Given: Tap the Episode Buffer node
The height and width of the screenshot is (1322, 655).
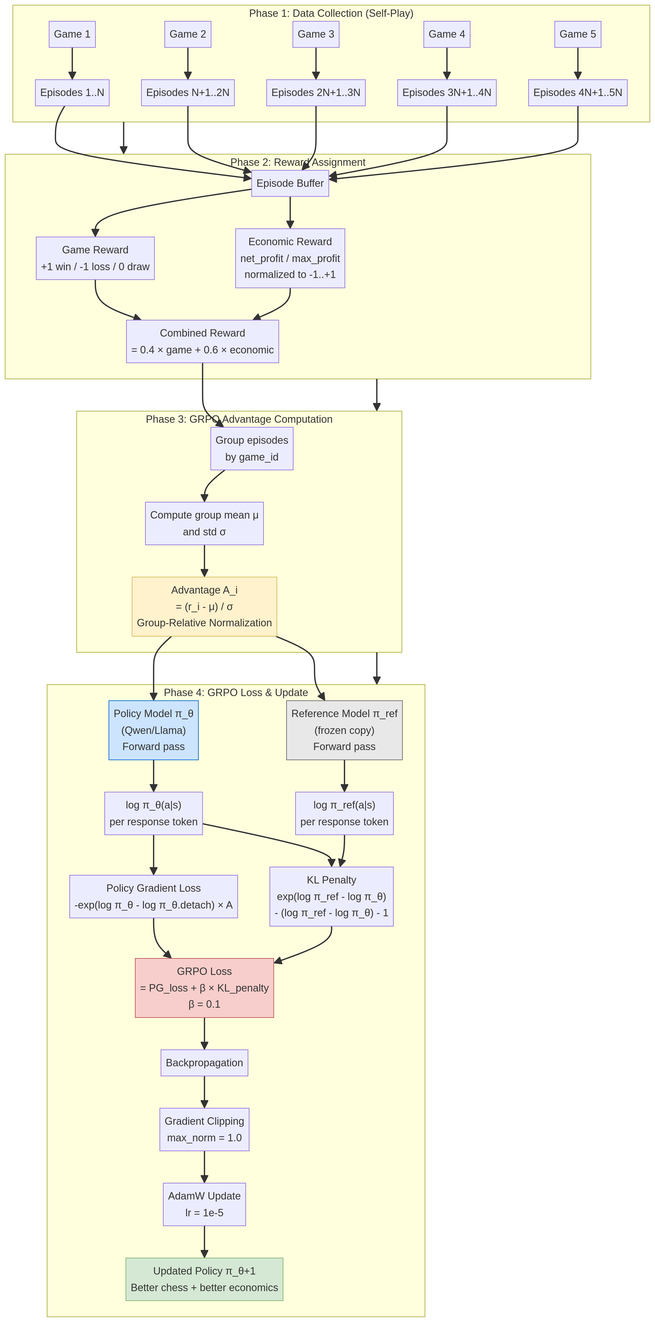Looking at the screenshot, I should point(290,183).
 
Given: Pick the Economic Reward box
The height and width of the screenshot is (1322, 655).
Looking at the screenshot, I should point(290,258).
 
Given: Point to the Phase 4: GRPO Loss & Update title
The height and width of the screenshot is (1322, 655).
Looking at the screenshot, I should point(235,692).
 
